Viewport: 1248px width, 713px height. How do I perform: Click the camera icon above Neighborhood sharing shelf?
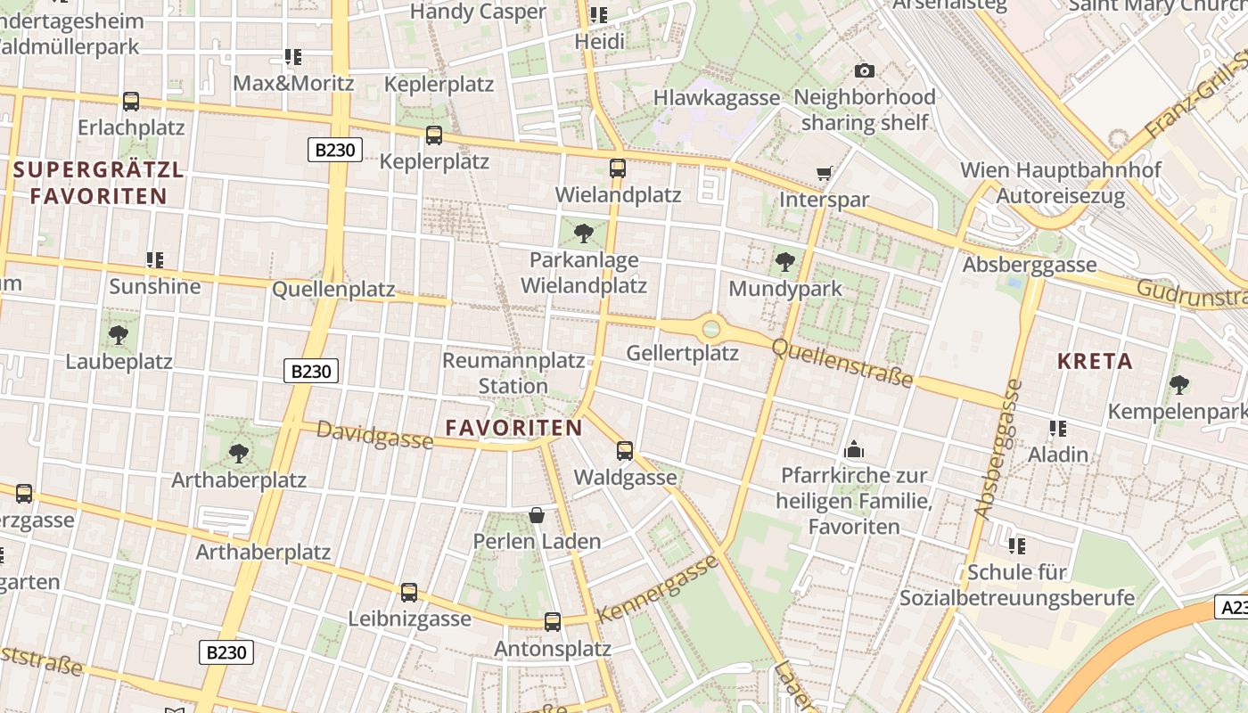pyautogui.click(x=864, y=70)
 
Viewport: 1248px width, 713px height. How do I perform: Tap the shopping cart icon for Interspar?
pyautogui.click(x=825, y=173)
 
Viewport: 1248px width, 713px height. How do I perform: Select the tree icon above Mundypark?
pyautogui.click(x=784, y=262)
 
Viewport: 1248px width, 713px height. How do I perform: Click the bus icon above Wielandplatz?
pyautogui.click(x=617, y=168)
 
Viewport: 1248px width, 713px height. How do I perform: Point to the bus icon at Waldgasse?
pyautogui.click(x=625, y=451)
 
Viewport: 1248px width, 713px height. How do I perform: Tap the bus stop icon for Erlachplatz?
pyautogui.click(x=131, y=102)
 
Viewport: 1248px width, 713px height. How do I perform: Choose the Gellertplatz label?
pyautogui.click(x=682, y=353)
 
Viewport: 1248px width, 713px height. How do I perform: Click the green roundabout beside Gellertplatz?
pyautogui.click(x=710, y=329)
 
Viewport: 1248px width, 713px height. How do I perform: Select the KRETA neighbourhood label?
pyautogui.click(x=1095, y=361)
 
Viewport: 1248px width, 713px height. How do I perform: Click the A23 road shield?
pyautogui.click(x=1231, y=608)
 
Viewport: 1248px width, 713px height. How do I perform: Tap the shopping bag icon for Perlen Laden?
pyautogui.click(x=537, y=515)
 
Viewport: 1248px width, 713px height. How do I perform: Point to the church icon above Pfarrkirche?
pyautogui.click(x=854, y=449)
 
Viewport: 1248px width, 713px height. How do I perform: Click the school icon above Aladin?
pyautogui.click(x=1058, y=429)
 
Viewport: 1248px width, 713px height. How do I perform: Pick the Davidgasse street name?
pyautogui.click(x=374, y=436)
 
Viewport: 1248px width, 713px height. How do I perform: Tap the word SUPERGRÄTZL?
pyautogui.click(x=98, y=169)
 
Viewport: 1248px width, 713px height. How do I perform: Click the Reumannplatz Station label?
pyautogui.click(x=513, y=373)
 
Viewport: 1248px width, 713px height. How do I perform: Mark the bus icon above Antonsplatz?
pyautogui.click(x=553, y=622)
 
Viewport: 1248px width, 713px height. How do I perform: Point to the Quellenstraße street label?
pyautogui.click(x=842, y=362)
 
